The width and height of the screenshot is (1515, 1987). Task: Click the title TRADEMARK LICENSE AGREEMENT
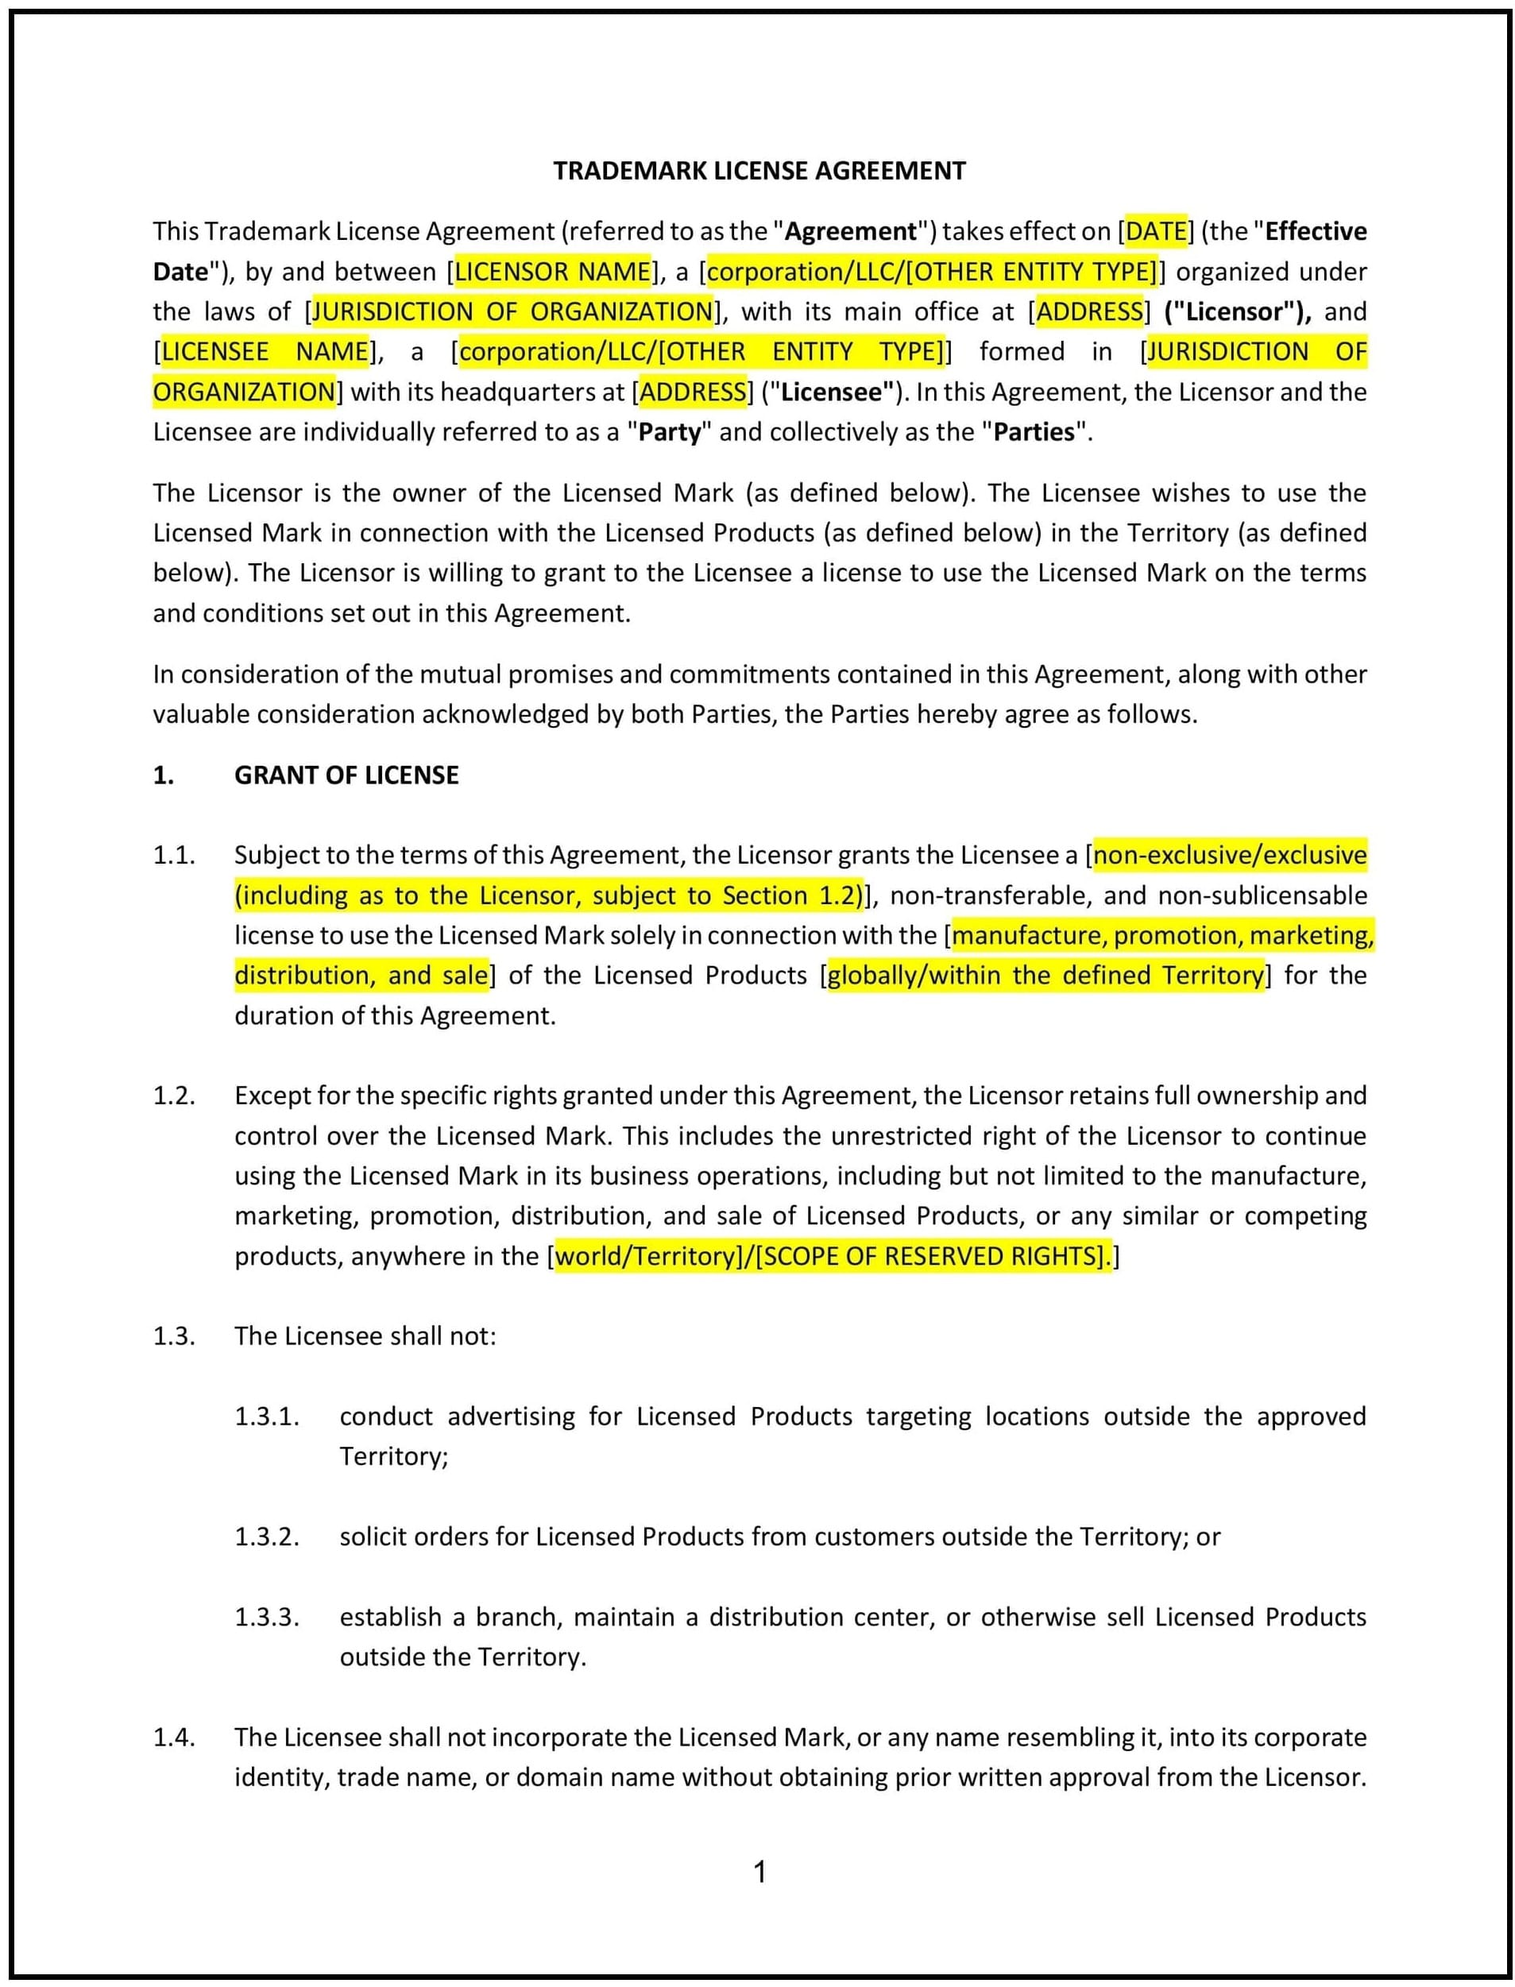coord(759,171)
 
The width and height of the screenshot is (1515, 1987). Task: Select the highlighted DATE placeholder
coord(1155,232)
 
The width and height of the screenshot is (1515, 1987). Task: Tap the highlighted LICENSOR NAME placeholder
coord(553,272)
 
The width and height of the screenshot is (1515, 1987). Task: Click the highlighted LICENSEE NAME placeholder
coord(265,352)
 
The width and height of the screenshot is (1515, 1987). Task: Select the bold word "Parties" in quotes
coord(1034,432)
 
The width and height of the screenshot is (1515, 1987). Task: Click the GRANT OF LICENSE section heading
coord(346,775)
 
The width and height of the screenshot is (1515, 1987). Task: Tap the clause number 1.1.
coord(174,855)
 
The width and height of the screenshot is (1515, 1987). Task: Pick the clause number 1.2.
coord(174,1096)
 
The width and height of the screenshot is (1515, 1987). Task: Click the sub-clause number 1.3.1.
coord(267,1417)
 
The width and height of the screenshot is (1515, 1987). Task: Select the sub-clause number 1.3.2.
coord(267,1537)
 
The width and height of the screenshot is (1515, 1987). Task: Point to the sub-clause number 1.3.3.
coord(267,1618)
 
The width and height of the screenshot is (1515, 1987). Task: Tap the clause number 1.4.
coord(174,1738)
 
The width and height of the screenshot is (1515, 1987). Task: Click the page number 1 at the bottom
coord(759,1873)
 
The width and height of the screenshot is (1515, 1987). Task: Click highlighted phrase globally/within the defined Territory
coord(1045,976)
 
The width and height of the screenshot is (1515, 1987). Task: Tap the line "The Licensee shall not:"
coord(365,1336)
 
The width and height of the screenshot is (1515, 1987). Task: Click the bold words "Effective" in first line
coord(1315,232)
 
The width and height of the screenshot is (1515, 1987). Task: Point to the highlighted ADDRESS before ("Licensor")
coord(1089,312)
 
